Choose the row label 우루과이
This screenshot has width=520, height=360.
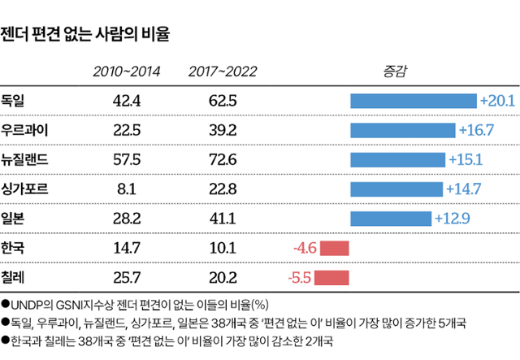point(24,130)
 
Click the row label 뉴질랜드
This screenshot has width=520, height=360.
point(24,159)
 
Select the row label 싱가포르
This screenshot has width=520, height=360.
point(24,189)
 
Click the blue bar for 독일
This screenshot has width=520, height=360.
point(413,101)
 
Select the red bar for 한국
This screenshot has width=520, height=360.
point(334,248)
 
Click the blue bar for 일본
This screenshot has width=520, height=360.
point(391,219)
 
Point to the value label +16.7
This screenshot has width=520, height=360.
point(476,131)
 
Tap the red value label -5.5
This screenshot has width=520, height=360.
point(300,277)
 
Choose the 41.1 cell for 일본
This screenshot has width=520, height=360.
point(223,218)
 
